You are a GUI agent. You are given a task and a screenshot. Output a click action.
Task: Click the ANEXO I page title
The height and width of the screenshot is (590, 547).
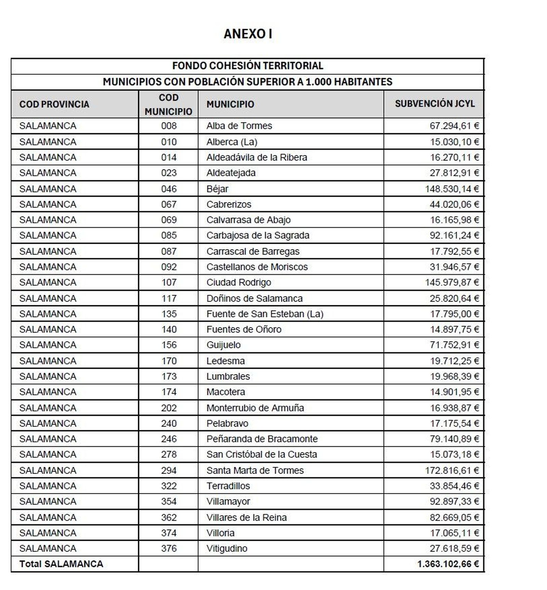tap(248, 34)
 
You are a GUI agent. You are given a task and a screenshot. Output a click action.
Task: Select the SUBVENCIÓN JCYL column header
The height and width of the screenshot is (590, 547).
tap(435, 104)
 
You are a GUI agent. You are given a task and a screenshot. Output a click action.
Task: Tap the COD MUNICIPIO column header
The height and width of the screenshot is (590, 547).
tap(168, 104)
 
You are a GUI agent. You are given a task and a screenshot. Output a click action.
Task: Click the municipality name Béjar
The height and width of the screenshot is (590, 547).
tap(217, 189)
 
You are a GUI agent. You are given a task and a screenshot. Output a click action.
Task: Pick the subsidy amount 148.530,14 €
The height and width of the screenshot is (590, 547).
tap(452, 189)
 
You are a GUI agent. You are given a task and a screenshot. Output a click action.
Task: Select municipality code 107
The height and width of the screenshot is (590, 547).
tap(169, 282)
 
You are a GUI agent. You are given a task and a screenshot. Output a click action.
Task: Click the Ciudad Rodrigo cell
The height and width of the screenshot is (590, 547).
tap(238, 282)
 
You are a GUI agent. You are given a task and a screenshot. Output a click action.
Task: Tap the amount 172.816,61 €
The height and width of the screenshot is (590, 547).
tap(452, 470)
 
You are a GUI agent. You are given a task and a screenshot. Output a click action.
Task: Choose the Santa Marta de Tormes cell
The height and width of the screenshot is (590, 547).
tap(255, 470)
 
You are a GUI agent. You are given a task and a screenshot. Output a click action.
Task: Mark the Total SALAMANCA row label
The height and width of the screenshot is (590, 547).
tap(61, 564)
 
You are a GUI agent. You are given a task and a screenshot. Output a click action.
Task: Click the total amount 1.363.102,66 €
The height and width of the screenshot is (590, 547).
tap(448, 564)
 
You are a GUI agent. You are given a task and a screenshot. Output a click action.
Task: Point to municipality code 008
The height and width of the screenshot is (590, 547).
tap(169, 126)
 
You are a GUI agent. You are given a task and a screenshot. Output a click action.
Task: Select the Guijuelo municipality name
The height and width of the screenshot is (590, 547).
tap(223, 345)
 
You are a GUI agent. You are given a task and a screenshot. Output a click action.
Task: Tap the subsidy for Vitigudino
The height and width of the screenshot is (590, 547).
tap(454, 548)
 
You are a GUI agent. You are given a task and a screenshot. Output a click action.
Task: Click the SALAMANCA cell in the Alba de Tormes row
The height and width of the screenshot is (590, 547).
tap(48, 126)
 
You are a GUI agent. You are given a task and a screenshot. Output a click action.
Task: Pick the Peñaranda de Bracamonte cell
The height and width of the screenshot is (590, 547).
tap(262, 439)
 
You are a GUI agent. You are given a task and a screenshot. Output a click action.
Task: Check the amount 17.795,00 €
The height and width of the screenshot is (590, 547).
tap(454, 314)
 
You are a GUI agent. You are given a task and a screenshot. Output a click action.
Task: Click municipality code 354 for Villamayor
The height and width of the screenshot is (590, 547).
tap(169, 501)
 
